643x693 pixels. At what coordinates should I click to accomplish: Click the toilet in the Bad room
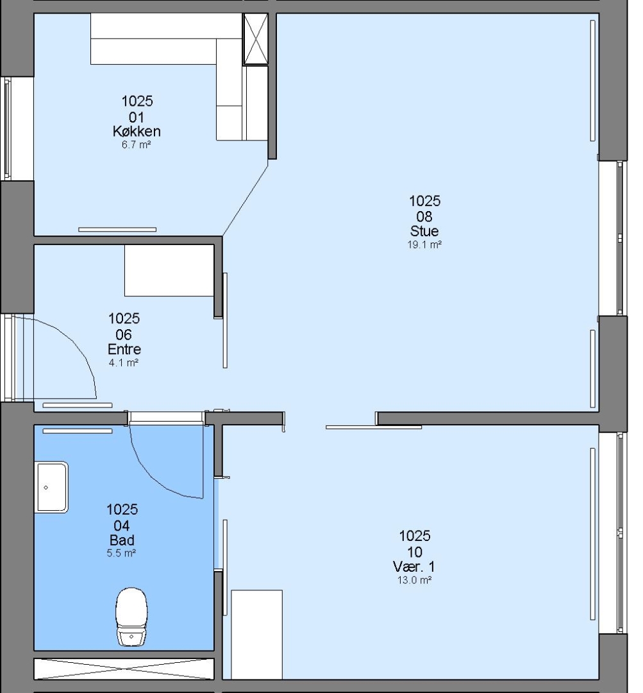point(131,617)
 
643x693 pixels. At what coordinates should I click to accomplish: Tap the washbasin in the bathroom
point(51,487)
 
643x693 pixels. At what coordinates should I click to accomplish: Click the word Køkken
point(137,132)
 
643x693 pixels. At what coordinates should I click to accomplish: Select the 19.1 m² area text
point(424,244)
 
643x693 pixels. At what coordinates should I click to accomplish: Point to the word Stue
point(424,231)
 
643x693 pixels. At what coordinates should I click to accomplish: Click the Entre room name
point(124,349)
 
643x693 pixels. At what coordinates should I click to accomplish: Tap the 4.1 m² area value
point(124,363)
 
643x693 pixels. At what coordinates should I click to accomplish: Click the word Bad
point(122,540)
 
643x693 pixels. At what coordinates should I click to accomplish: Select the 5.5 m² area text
point(121,553)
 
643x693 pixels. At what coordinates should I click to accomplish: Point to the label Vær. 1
point(413,567)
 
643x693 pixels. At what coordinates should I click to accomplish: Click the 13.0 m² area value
point(414,580)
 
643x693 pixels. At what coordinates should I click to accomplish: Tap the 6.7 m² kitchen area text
point(137,144)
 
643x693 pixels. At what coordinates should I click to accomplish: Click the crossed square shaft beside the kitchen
point(256,39)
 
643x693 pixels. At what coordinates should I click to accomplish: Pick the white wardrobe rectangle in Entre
point(169,270)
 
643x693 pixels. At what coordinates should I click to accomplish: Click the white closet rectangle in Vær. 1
point(256,634)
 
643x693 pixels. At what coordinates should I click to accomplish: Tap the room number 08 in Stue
point(424,217)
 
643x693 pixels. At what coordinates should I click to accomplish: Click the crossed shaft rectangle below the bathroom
point(124,669)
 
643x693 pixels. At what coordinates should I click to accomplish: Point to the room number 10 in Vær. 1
point(415,552)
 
